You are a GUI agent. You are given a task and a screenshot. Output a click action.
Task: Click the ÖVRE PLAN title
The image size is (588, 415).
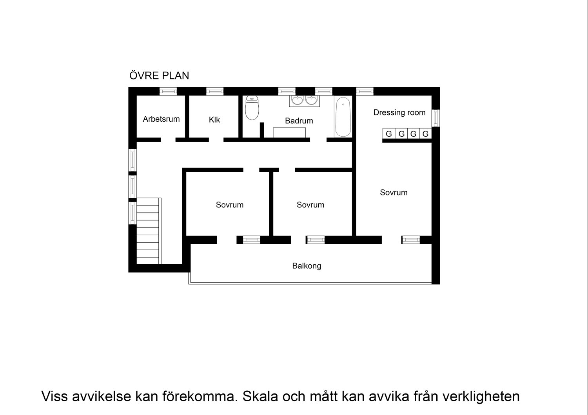coord(159,76)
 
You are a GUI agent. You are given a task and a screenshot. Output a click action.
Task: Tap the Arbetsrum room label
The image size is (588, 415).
coord(161,119)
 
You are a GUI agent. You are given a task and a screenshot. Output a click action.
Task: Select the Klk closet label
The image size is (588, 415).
coord(214,120)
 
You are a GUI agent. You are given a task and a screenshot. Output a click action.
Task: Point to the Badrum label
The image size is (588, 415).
coord(299,121)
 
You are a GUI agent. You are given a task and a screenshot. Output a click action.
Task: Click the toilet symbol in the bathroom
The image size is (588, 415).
coord(252,108)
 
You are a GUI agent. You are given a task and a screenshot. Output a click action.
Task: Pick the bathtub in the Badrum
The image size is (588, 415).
coord(343,117)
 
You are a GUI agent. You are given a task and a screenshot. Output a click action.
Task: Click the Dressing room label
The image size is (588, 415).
coord(399,113)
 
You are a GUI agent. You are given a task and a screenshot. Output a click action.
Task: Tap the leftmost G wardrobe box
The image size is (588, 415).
coord(389,134)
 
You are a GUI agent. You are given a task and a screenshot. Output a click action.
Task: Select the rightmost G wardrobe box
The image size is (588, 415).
coord(425,134)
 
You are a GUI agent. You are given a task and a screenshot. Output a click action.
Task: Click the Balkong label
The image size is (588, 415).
coord(307,266)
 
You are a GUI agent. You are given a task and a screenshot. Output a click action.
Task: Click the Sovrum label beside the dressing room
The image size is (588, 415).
coord(394,193)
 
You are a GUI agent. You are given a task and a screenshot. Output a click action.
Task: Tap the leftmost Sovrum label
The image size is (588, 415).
coord(230,205)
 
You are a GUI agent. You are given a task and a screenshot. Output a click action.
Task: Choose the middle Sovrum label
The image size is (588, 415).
coord(310,205)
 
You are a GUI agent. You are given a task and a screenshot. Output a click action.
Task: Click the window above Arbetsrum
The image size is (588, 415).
coord(168,91)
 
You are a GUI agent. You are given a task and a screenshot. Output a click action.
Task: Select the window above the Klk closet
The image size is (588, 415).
coord(215,91)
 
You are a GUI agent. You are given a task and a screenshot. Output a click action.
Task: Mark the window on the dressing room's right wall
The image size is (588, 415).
coord(435,118)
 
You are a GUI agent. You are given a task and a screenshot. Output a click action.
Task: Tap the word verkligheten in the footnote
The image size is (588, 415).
coord(481,396)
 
